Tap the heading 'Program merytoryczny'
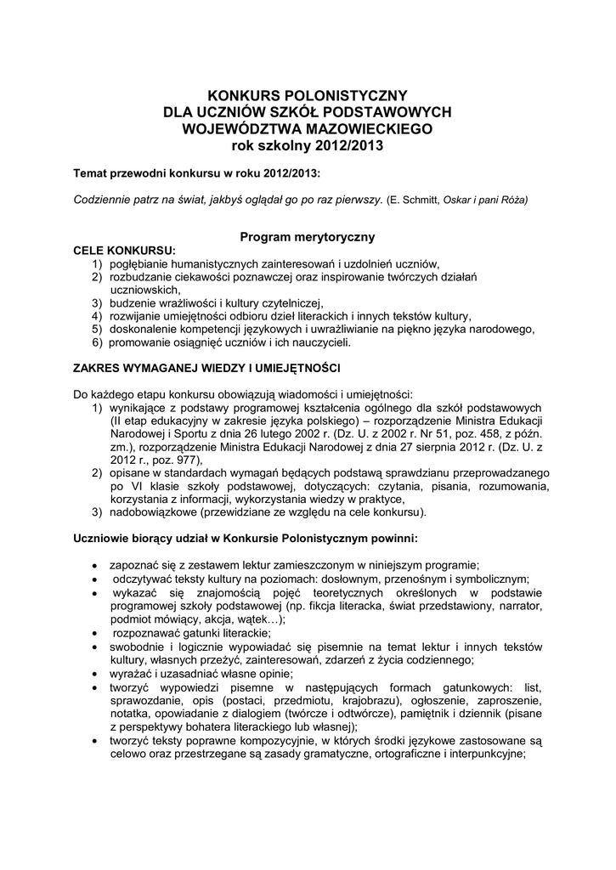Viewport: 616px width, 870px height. point(308,238)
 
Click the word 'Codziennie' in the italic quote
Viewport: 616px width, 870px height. point(104,200)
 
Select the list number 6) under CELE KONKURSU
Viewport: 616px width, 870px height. point(98,342)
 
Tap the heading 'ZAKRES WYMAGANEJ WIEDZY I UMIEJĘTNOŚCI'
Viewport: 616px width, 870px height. point(206,369)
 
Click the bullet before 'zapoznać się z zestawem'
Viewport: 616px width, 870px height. point(93,567)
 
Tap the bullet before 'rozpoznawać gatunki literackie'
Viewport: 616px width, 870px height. point(93,634)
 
